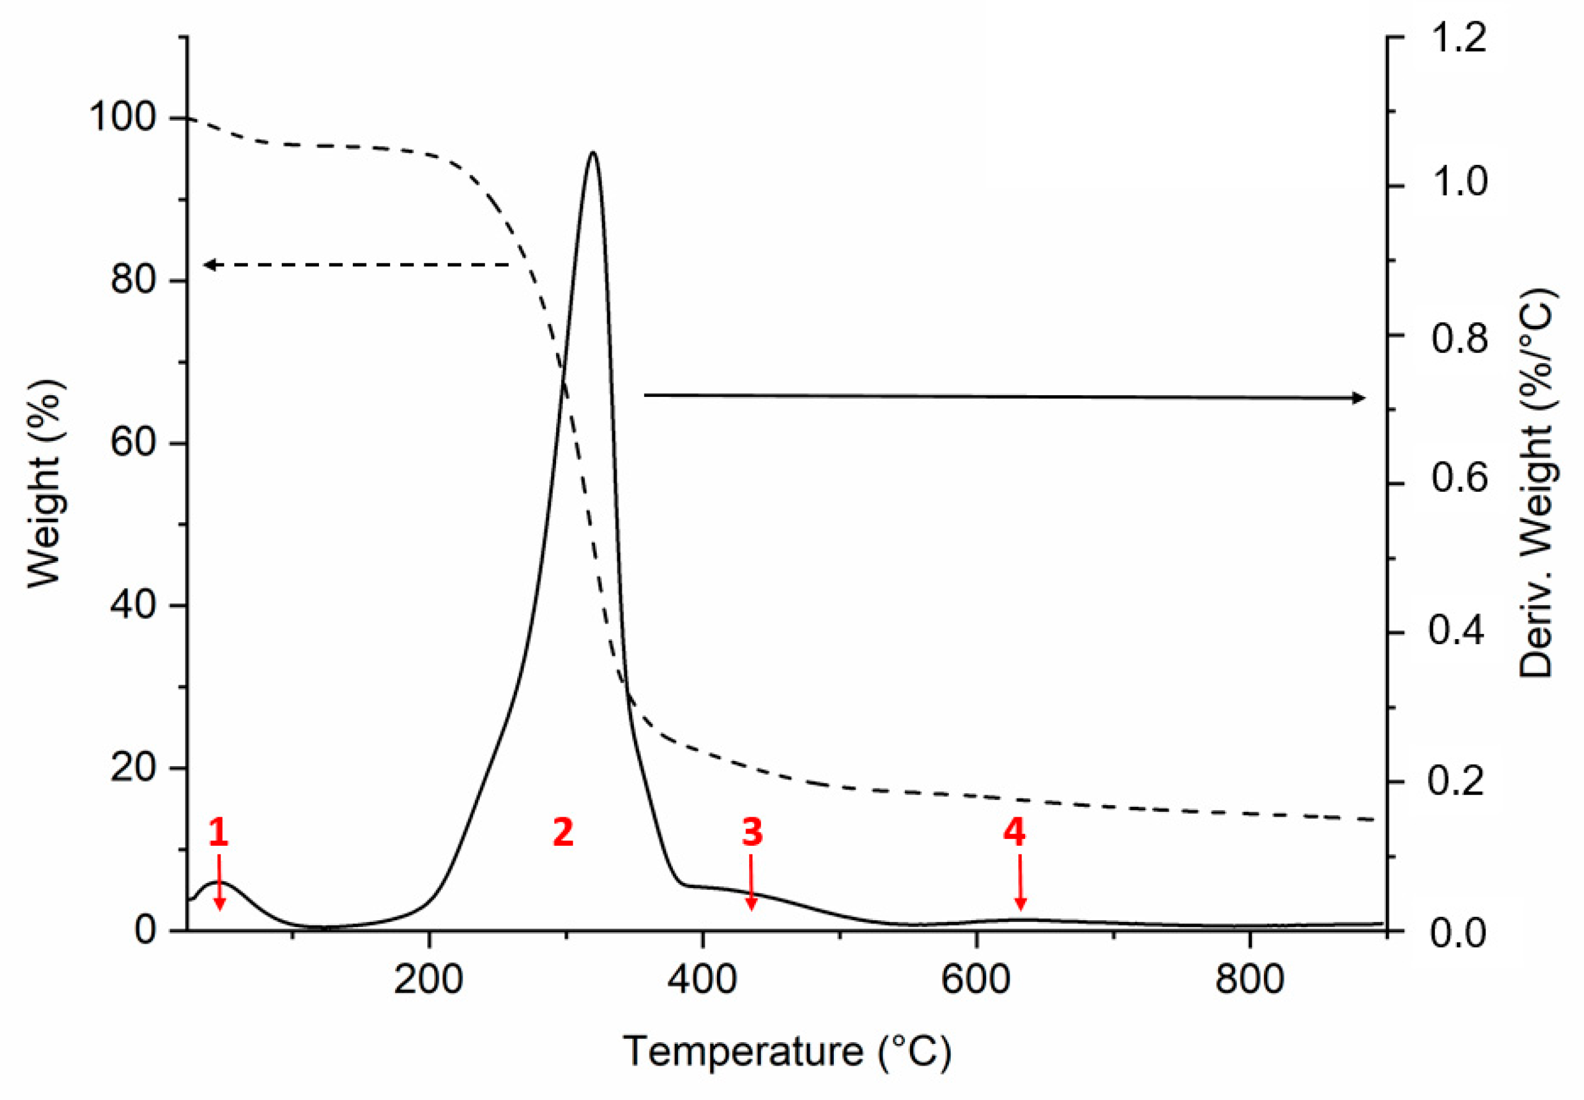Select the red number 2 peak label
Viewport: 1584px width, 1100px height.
pos(563,833)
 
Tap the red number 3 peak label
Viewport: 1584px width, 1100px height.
pos(752,833)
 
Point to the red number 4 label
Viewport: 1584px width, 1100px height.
pos(1014,833)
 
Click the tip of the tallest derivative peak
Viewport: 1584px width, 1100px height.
pos(592,152)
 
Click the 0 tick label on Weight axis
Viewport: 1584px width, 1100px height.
pos(145,931)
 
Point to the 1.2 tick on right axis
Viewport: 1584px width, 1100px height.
pos(1458,38)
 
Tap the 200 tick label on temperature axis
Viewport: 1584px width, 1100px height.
pos(429,979)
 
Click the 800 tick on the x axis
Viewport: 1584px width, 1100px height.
pos(1250,979)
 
